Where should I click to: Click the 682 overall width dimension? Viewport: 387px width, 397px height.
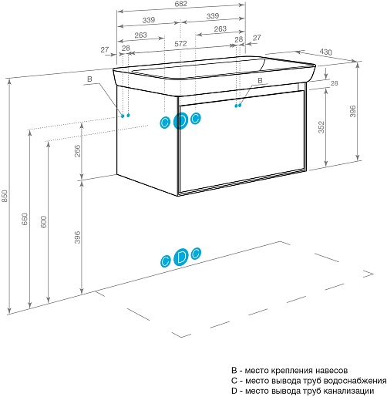pos(180,4)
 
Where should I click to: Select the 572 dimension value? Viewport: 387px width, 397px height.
pos(180,44)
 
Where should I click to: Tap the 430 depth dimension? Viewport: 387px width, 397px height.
pos(326,52)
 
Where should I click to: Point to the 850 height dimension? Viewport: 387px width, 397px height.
pos(5,196)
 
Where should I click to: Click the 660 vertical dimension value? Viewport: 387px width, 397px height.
pos(25,219)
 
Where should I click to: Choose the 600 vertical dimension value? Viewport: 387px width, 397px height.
pos(44,222)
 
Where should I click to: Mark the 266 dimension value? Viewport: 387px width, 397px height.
pos(77,151)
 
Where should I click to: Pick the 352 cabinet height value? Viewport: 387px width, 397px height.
pos(321,127)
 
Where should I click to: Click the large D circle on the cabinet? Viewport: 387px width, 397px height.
pos(181,121)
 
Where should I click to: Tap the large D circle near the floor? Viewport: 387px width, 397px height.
pos(181,257)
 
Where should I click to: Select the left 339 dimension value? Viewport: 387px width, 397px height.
pos(149,20)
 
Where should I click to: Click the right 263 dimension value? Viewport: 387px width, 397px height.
pos(220,29)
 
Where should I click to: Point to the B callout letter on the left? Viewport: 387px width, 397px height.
pos(89,79)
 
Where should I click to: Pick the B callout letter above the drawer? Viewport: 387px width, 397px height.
pos(260,80)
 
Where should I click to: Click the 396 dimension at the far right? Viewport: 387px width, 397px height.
pos(353,111)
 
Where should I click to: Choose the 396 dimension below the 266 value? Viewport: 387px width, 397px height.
pos(77,237)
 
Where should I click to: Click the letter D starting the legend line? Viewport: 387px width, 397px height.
pos(234,391)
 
